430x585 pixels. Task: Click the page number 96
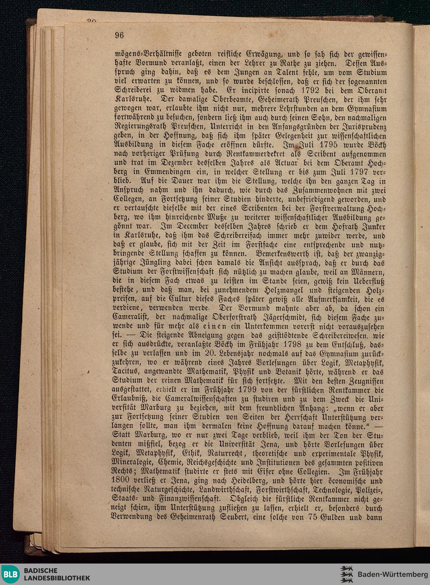pos(119,36)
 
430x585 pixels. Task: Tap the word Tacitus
pos(126,372)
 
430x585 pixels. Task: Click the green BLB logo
pos(11,574)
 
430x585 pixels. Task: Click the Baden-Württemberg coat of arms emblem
pos(347,574)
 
